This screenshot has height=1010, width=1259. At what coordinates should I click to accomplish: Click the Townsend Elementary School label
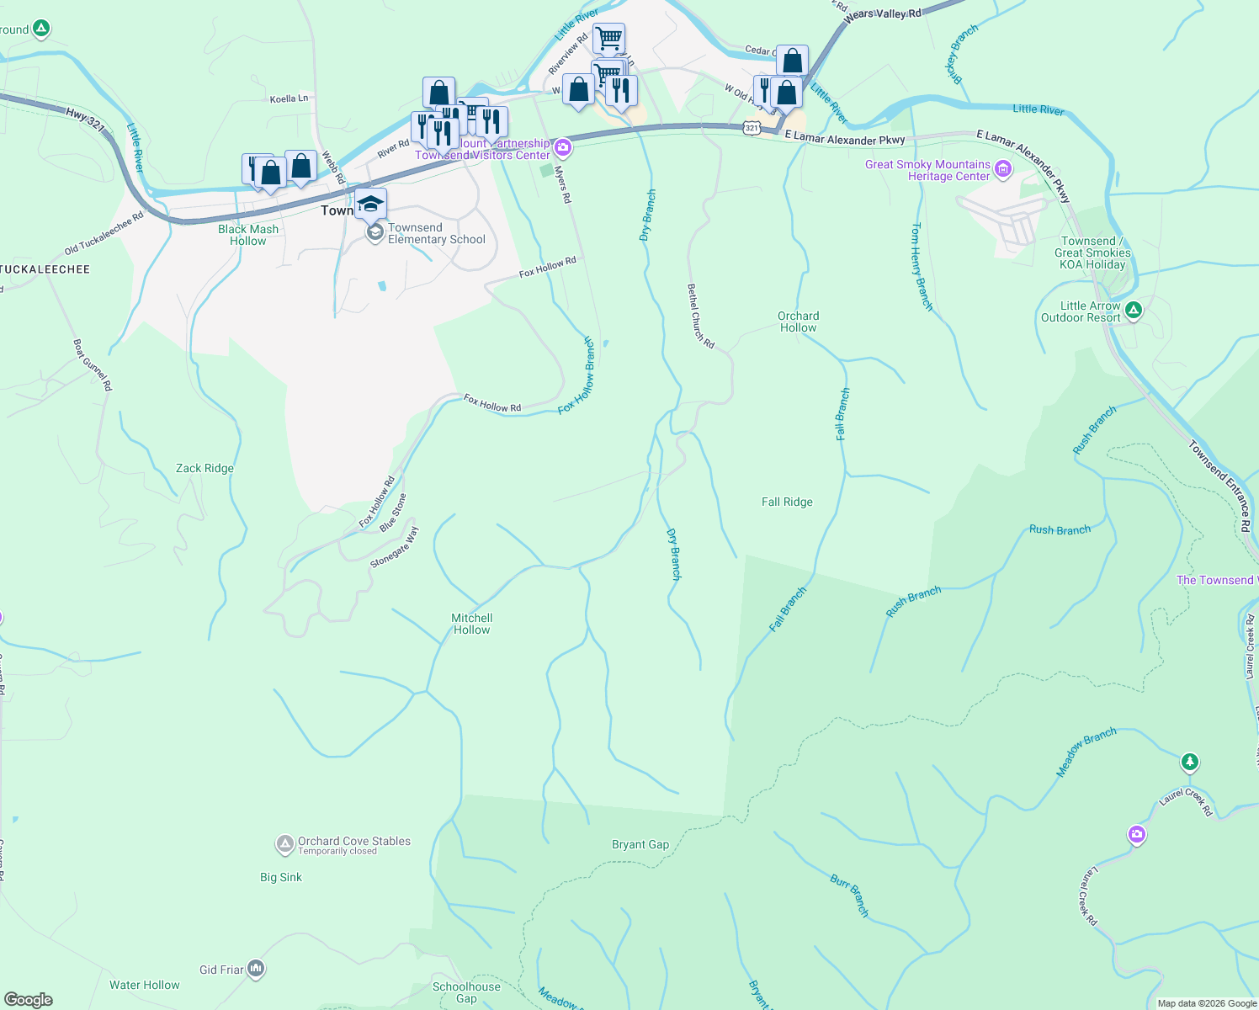point(436,233)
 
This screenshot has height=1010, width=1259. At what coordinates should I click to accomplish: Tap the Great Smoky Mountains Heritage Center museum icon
point(1003,170)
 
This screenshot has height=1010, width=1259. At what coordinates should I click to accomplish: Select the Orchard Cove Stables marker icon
point(285,843)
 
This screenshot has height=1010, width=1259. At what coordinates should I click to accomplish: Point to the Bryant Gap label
point(640,844)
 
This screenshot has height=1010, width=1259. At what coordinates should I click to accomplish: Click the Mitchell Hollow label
point(471,624)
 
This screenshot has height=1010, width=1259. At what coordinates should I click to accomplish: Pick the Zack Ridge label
point(205,468)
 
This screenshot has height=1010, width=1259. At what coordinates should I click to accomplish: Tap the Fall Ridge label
point(787,502)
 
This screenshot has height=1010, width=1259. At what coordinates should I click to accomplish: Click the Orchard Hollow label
point(798,322)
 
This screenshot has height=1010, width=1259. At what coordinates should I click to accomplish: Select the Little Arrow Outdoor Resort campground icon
point(1134,311)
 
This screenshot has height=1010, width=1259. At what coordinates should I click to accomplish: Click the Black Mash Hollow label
point(248,235)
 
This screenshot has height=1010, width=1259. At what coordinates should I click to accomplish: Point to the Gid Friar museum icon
point(257,970)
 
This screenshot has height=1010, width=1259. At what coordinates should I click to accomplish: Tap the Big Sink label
point(281,877)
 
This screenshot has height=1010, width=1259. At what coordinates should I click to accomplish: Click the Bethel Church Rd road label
point(700,316)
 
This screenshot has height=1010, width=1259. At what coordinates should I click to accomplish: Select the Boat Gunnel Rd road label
point(93,365)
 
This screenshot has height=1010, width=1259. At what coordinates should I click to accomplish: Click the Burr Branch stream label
point(849,896)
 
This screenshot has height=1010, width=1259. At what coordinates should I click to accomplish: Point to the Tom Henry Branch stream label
point(922,267)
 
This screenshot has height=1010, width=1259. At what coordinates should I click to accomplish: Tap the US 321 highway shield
point(752,128)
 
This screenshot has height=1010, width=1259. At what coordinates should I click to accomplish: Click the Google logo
point(29,1000)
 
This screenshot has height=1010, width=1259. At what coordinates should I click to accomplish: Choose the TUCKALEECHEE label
point(45,269)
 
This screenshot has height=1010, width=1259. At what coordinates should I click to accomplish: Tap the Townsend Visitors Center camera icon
point(563,149)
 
